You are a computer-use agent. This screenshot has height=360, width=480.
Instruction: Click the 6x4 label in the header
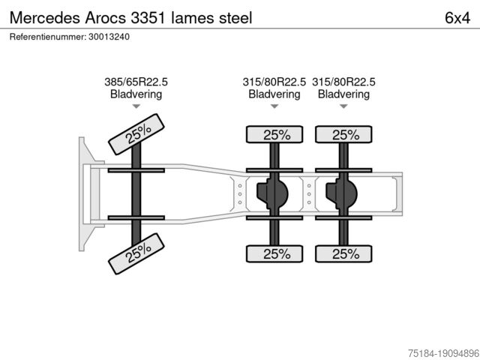coord(457,17)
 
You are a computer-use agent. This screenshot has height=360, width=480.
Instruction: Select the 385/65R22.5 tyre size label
coord(136,82)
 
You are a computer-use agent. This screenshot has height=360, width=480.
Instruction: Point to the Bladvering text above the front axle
coord(136,94)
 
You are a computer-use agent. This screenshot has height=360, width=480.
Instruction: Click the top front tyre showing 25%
coord(137,133)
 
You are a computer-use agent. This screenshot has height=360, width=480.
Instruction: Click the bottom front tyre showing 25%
coord(137,253)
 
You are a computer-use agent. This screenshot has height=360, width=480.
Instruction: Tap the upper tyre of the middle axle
coord(275,135)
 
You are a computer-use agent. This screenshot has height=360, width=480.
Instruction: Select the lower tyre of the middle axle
coord(275,253)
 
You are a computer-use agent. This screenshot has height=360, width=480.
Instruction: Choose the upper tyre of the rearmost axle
coord(343,135)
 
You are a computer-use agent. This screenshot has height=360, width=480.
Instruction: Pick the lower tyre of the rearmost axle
coord(343,253)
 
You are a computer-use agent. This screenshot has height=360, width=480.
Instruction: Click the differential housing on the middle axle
coord(272,193)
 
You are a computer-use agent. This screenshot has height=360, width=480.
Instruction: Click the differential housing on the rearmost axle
coord(342,193)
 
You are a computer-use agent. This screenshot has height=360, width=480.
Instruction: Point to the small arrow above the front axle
coord(136,106)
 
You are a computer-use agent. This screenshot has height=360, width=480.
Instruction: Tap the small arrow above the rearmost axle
coord(343,106)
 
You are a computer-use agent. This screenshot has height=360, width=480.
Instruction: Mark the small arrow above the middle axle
coord(274,106)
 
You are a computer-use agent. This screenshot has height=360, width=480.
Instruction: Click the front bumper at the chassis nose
coord(82,193)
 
